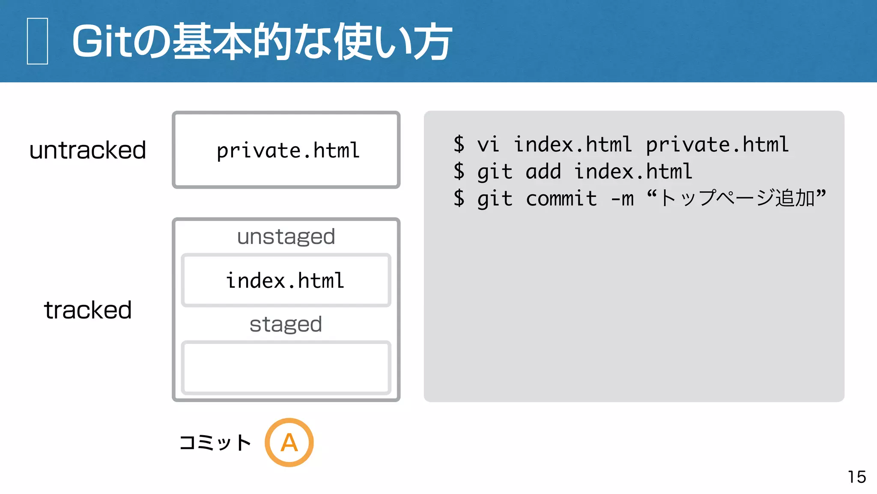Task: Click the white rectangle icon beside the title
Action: (37, 41)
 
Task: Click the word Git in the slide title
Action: (101, 42)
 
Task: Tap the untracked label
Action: (88, 150)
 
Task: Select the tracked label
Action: (88, 310)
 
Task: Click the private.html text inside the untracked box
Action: (288, 151)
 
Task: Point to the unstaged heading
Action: (286, 237)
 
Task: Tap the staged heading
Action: (286, 324)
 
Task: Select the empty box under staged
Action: (286, 367)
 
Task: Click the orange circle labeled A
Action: (289, 442)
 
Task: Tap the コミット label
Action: (215, 443)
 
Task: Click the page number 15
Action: (856, 477)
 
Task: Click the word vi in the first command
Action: (488, 145)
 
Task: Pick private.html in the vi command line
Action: (717, 145)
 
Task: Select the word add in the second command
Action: (543, 172)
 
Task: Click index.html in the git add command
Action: (633, 172)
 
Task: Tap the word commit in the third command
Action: (561, 199)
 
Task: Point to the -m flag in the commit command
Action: (622, 199)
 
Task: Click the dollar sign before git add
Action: (459, 172)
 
